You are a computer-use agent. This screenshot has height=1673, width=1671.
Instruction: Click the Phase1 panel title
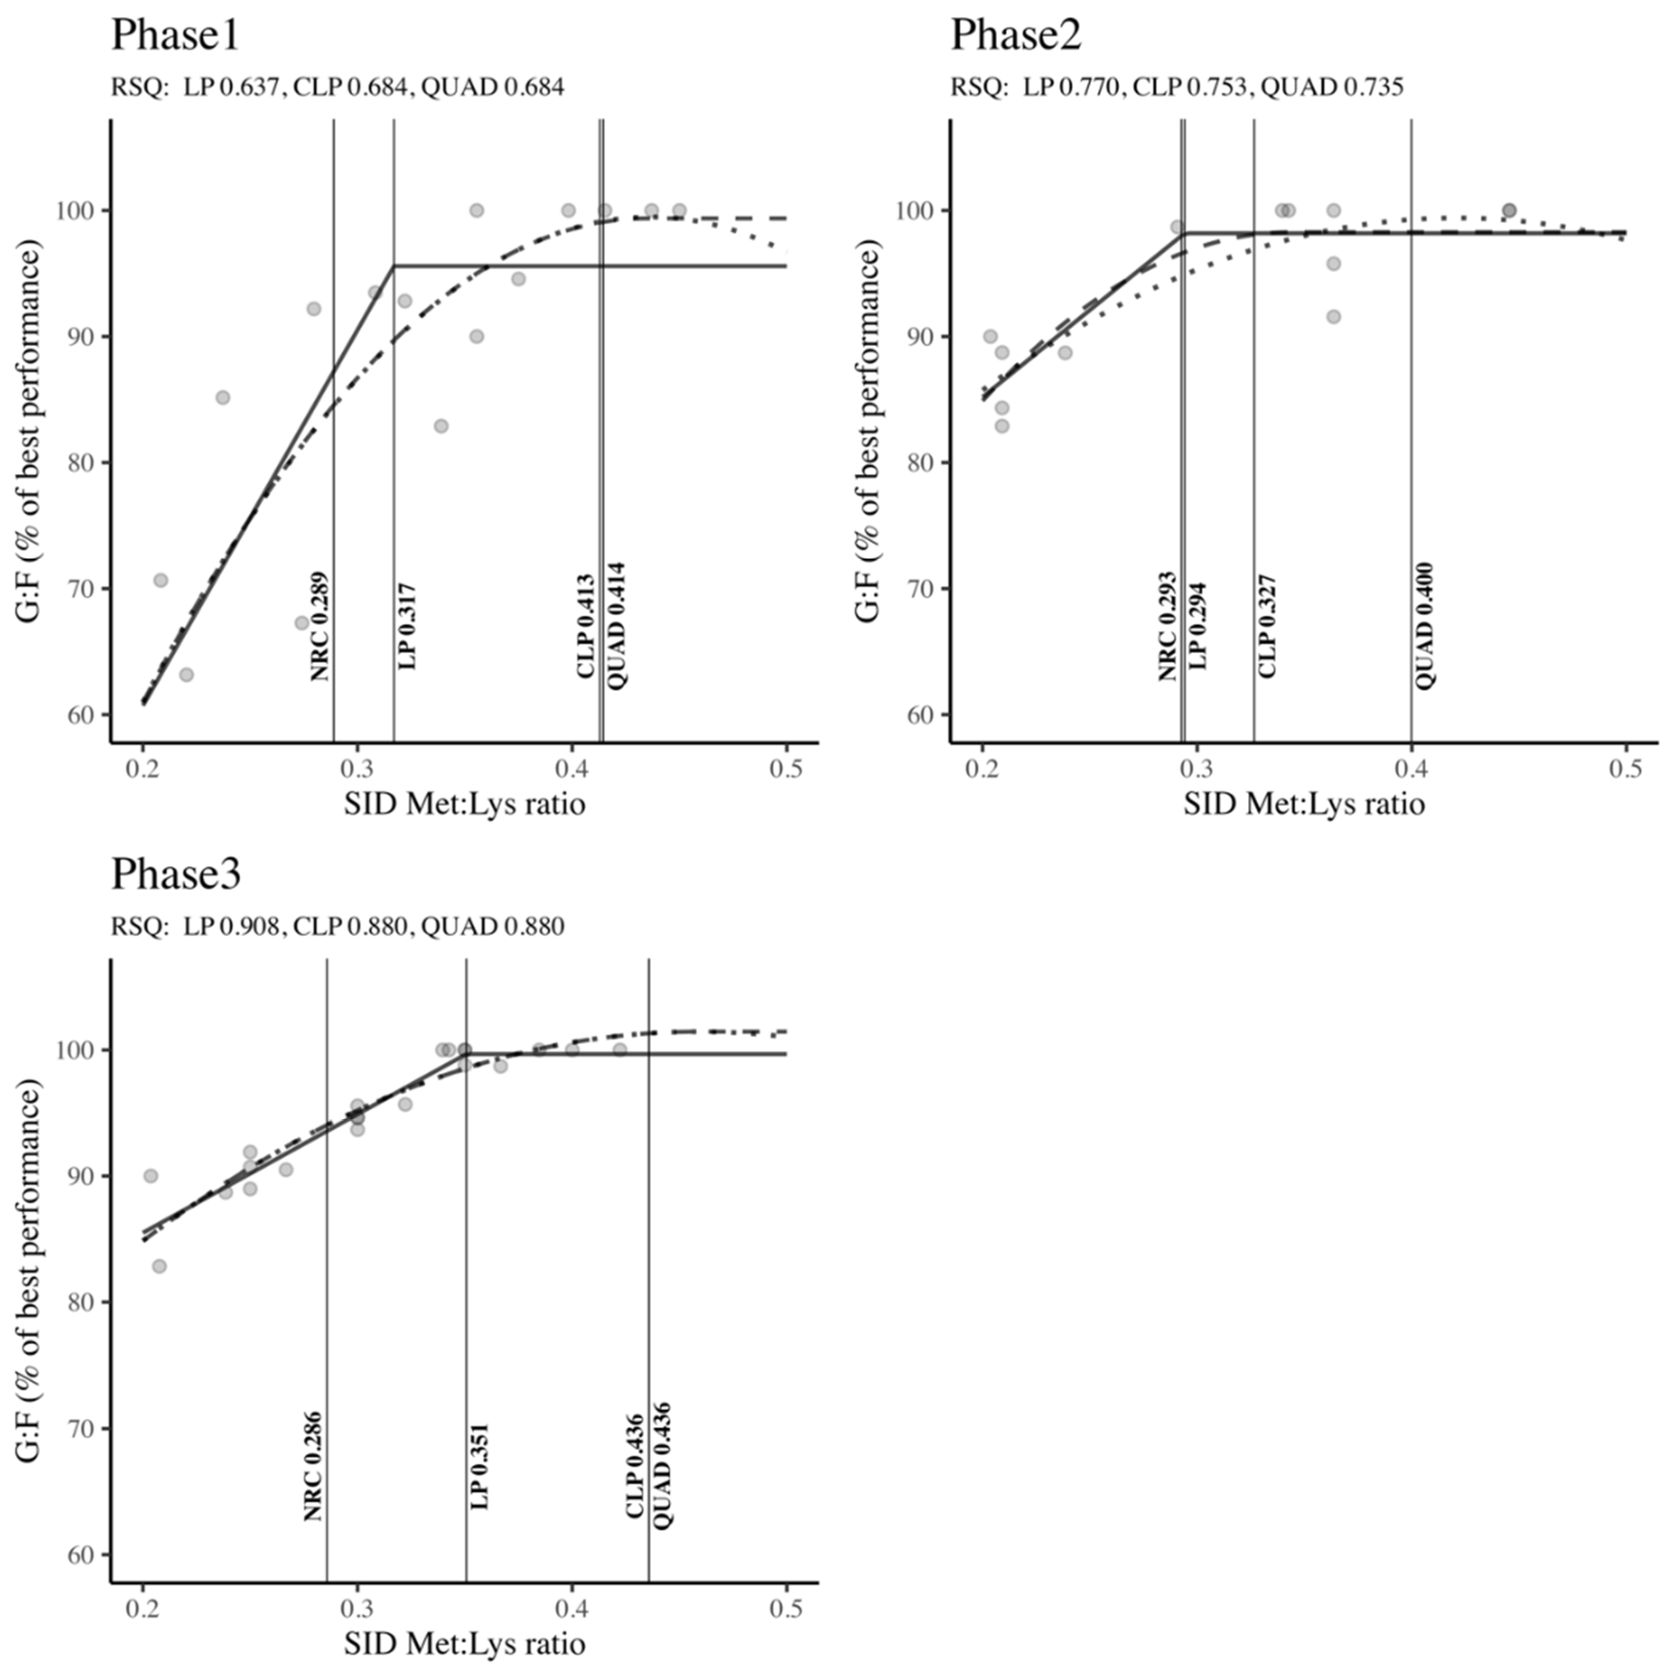[x=175, y=36]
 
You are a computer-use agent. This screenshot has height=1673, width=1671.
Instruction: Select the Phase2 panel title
[x=1016, y=36]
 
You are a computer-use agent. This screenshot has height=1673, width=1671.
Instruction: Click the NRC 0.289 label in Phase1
[x=320, y=626]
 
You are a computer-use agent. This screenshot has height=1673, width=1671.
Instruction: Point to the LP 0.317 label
[x=407, y=626]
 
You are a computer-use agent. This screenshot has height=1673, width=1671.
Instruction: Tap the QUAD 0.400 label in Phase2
[x=1424, y=626]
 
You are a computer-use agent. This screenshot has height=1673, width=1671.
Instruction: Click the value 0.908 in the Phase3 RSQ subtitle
[x=250, y=926]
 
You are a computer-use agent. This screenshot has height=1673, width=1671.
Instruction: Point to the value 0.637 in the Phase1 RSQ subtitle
[x=250, y=87]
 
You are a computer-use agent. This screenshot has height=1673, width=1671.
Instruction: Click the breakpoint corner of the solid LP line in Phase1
[x=394, y=266]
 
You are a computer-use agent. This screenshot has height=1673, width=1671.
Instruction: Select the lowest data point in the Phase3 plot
[x=159, y=1266]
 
